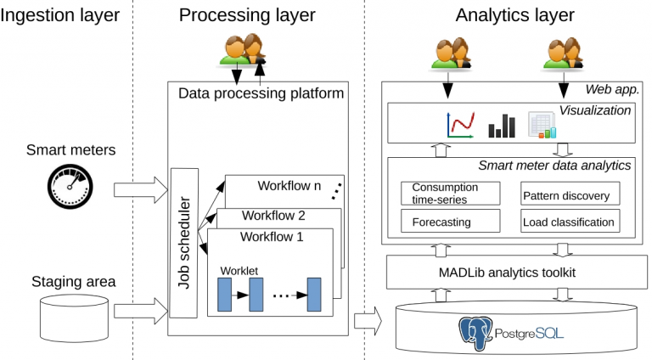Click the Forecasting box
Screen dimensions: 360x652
coord(441,222)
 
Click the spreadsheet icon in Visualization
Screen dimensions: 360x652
coord(541,125)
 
